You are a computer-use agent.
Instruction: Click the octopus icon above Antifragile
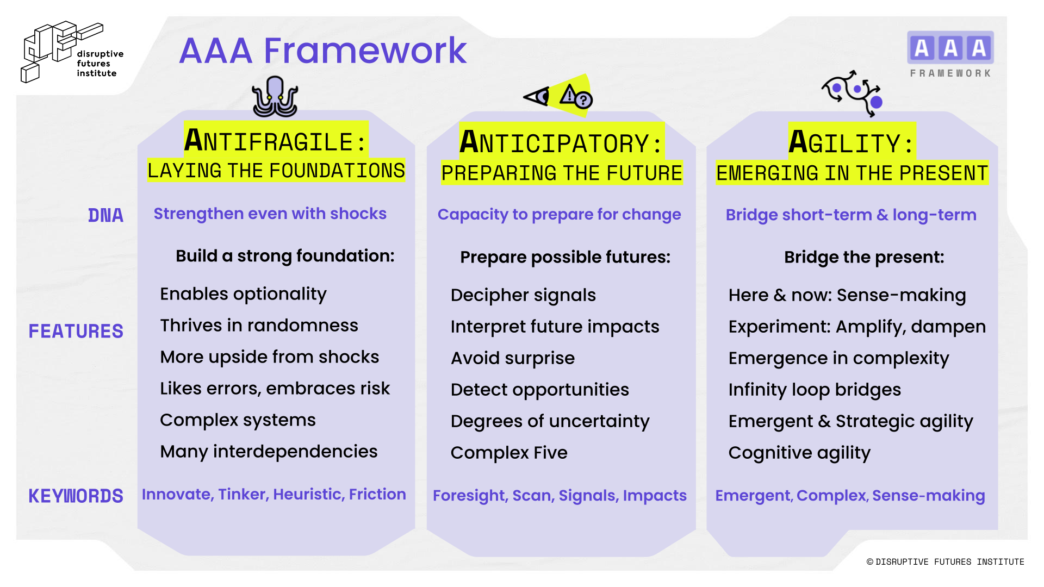click(x=275, y=97)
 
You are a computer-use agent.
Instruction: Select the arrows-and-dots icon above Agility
click(x=852, y=93)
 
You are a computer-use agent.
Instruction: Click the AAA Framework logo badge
click(x=950, y=54)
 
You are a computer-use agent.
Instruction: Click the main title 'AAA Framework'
click(x=323, y=51)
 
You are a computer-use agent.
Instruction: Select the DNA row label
click(x=105, y=215)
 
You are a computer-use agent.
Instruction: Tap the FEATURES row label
click(x=76, y=331)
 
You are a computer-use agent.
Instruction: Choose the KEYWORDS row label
click(x=76, y=496)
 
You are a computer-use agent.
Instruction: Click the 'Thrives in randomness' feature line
click(x=259, y=325)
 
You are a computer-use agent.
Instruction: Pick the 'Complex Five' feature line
click(x=509, y=453)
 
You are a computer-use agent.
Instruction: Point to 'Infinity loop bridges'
click(x=815, y=390)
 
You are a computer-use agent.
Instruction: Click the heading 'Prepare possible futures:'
click(x=565, y=257)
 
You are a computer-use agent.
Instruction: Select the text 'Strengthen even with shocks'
click(x=270, y=214)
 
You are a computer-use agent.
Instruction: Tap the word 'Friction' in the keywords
click(x=377, y=494)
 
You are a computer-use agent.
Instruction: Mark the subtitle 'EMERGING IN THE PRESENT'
click(x=852, y=173)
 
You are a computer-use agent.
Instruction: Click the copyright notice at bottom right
click(x=945, y=561)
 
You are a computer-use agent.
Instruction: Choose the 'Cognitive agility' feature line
click(x=799, y=453)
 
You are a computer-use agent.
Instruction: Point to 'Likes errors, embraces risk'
click(x=275, y=388)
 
